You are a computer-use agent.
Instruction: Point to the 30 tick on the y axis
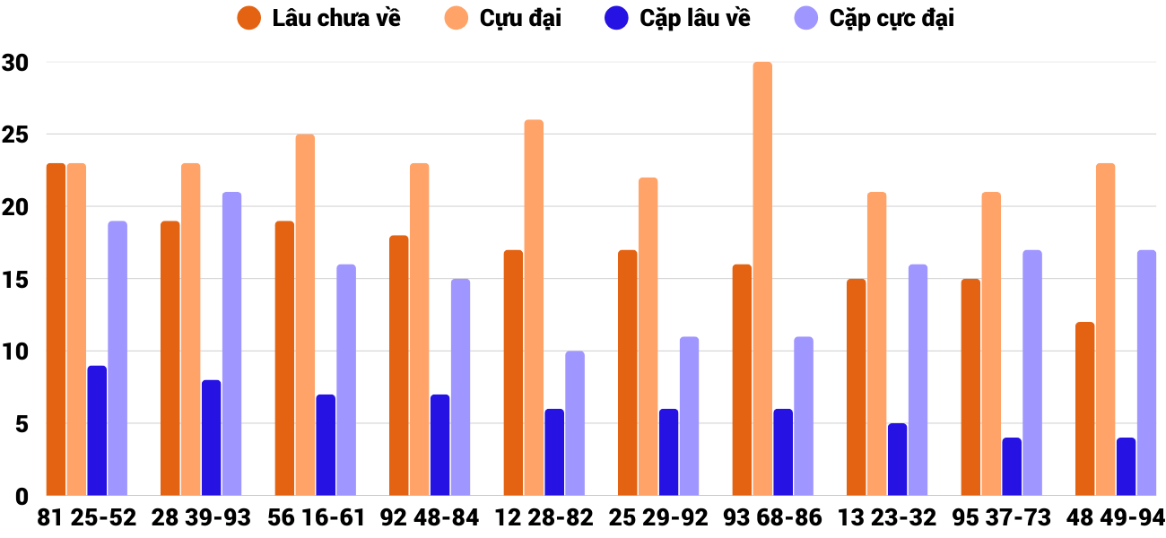[x=15, y=63]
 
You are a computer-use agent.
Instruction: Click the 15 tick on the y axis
[x=15, y=280]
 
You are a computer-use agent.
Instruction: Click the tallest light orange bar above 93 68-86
[x=762, y=279]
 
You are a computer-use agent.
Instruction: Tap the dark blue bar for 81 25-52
[x=97, y=430]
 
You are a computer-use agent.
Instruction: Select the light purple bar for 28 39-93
[x=231, y=343]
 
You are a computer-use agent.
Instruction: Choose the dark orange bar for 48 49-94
[x=1084, y=409]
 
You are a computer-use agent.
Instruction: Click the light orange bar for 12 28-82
[x=534, y=308]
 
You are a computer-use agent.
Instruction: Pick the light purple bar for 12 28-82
[x=575, y=423]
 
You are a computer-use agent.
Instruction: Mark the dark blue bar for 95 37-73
[x=1012, y=466]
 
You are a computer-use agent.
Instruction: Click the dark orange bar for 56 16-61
[x=284, y=358]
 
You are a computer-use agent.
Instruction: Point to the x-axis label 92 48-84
[x=430, y=518]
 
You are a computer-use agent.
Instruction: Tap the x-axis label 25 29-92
[x=658, y=518]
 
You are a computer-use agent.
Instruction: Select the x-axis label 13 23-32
[x=887, y=518]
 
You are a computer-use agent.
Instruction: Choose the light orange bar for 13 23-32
[x=877, y=343]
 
